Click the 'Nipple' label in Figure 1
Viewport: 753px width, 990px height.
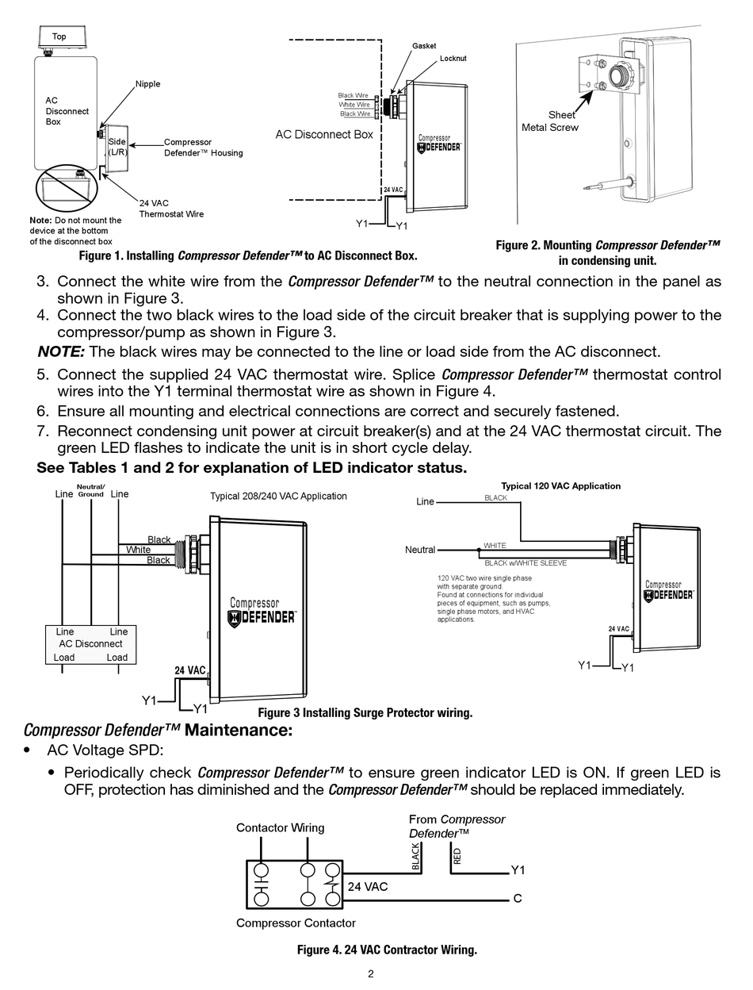(x=147, y=84)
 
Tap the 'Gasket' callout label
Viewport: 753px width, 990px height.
(x=424, y=46)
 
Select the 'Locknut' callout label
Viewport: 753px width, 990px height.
(x=453, y=59)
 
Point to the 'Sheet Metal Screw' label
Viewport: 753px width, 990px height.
(x=550, y=121)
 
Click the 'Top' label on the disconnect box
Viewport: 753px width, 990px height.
(x=59, y=36)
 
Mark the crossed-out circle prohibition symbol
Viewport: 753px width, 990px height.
(x=66, y=189)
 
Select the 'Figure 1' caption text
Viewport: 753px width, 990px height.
(x=248, y=255)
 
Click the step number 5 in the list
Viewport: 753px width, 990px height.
(x=43, y=374)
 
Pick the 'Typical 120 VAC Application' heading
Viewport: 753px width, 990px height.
(x=560, y=485)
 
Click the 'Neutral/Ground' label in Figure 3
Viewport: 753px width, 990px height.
(x=91, y=490)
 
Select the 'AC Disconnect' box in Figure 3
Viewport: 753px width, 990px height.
(x=90, y=644)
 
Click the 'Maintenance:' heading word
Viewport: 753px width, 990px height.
(x=238, y=730)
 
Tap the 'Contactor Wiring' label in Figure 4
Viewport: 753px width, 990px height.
(x=280, y=827)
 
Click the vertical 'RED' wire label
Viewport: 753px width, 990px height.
(x=457, y=856)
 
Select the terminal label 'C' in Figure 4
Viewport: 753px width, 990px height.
(x=518, y=899)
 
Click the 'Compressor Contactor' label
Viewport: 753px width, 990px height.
(x=296, y=923)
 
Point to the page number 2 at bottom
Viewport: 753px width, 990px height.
(x=370, y=974)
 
